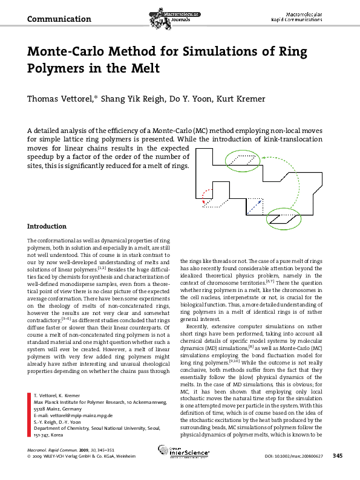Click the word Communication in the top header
point(59,19)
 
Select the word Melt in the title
point(143,68)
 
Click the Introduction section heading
point(47,227)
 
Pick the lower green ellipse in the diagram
point(282,216)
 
